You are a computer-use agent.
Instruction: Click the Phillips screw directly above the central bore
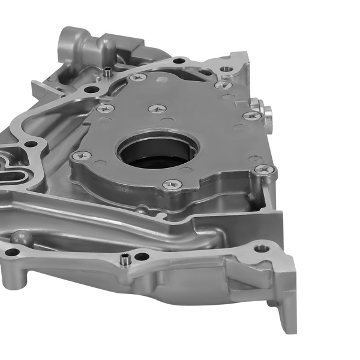point(157,109)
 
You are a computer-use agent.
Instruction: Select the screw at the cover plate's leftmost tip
point(82,156)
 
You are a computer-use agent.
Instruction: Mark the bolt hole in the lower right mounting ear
point(261,247)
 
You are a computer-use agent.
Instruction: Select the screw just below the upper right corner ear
point(223,85)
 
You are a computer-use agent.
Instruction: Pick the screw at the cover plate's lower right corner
point(265,170)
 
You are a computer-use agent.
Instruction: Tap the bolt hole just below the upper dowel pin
point(91,89)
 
